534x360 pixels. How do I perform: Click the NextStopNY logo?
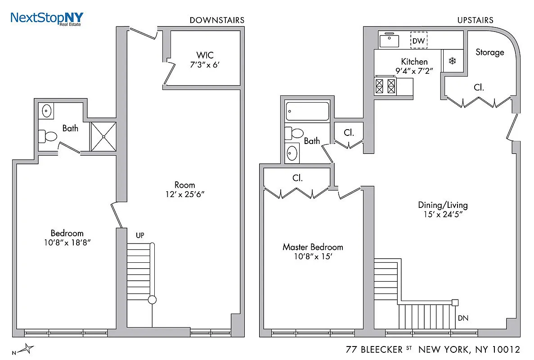pos(46,18)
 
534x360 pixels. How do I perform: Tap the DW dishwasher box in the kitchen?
pos(419,41)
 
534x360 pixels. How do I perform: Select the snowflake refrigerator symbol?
pos(452,61)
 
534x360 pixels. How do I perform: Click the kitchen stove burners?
pos(386,85)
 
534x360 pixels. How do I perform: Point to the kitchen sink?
pos(390,41)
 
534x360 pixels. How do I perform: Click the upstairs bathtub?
pos(308,111)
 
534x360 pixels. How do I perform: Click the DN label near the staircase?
pos(463,318)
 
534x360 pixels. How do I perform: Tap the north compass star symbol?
pos(28,348)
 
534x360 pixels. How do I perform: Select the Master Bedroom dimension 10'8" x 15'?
pos(312,257)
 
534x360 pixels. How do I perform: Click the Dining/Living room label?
pos(443,205)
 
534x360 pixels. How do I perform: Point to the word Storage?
pos(490,52)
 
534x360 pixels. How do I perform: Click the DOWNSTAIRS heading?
pos(217,20)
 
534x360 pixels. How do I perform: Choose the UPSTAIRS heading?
pos(475,20)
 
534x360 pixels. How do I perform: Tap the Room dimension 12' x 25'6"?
pos(185,194)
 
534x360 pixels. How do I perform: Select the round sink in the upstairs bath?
pos(292,153)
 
